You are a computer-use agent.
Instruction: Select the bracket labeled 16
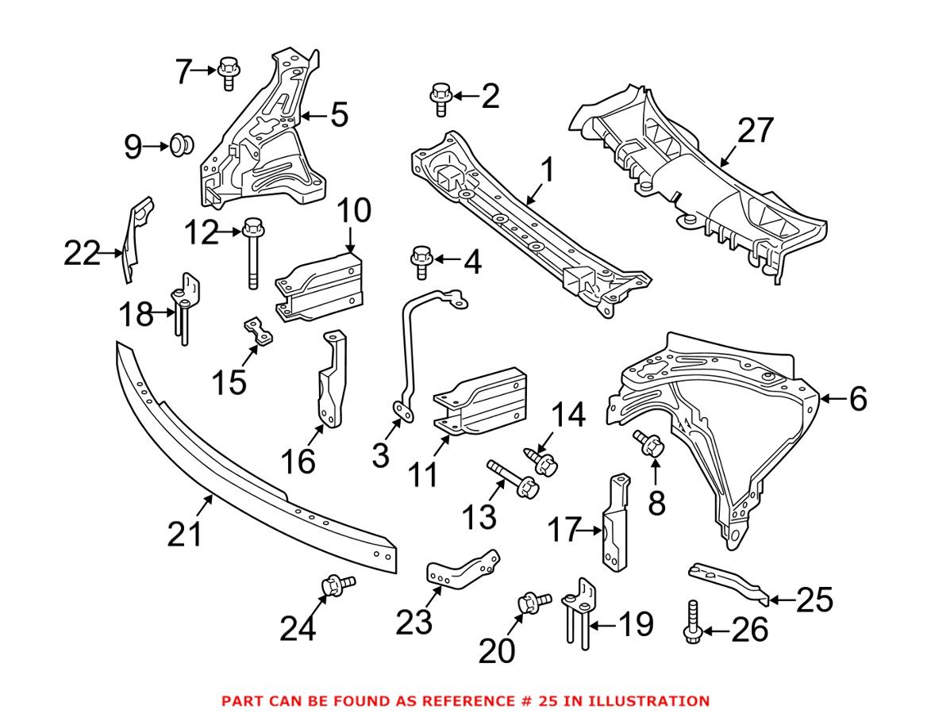[x=333, y=381]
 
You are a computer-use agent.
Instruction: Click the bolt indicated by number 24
[x=335, y=587]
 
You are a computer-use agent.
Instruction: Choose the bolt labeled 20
[x=531, y=604]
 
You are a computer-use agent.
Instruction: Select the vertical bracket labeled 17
[x=616, y=523]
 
